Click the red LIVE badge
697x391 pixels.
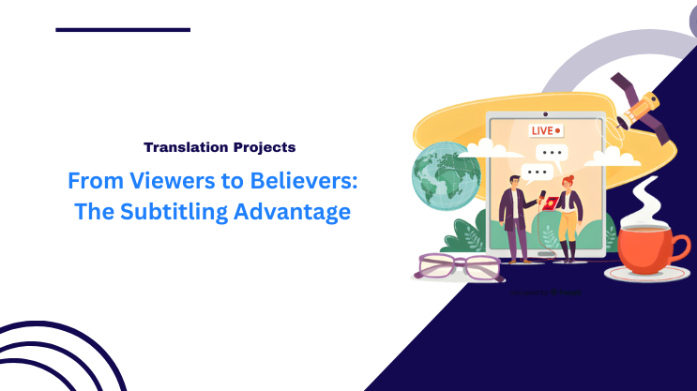click(x=545, y=130)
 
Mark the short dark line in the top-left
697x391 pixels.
click(x=123, y=30)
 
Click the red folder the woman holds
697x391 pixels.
click(x=553, y=200)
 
